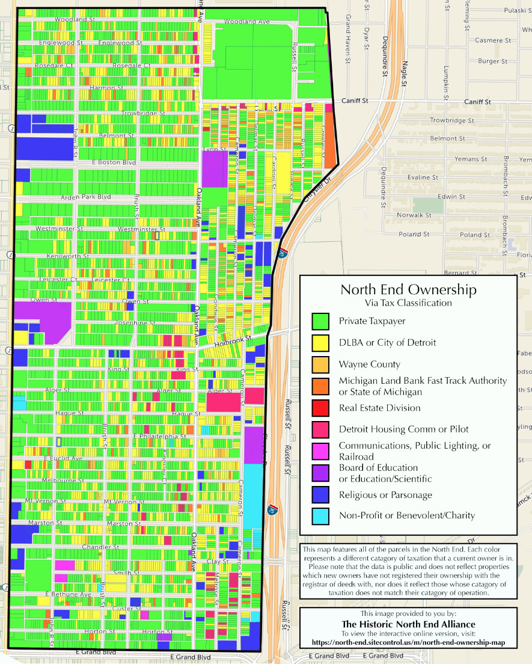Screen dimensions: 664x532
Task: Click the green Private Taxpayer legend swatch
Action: tap(320, 321)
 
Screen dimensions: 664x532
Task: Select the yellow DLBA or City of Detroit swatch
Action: tap(320, 343)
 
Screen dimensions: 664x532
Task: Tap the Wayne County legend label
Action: tap(361, 364)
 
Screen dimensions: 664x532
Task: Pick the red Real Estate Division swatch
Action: tap(320, 408)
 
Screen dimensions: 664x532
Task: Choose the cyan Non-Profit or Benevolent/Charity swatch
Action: tap(320, 515)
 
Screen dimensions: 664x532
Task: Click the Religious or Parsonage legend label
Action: tap(385, 495)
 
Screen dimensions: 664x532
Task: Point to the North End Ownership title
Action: tap(408, 289)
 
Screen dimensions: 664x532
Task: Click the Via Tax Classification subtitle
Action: tap(408, 303)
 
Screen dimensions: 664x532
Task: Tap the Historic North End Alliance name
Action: tap(408, 624)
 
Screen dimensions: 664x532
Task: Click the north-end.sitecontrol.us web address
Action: tap(408, 642)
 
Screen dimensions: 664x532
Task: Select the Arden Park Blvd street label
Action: tap(86, 197)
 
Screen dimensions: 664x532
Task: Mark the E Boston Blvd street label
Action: tap(114, 163)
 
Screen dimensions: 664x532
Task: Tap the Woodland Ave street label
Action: tap(246, 22)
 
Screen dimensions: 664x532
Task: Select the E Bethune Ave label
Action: tap(68, 594)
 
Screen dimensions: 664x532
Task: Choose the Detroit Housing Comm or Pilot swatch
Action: tap(320, 429)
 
